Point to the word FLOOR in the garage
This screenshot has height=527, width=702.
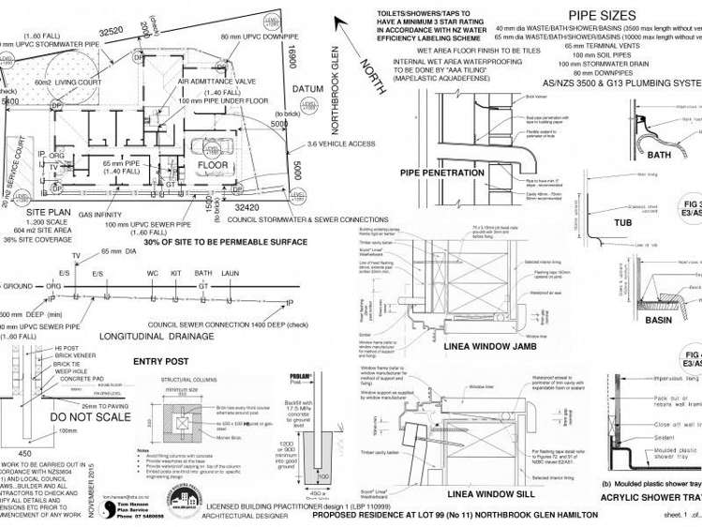[213, 165]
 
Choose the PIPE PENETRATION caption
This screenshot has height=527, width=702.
[441, 173]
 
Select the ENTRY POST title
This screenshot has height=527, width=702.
[161, 361]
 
